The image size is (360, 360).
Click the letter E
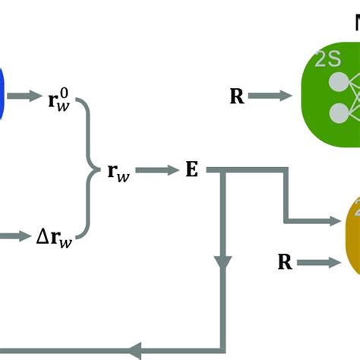tap(191, 169)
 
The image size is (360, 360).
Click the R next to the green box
tap(237, 96)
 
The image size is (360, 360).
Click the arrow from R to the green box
tap(270, 96)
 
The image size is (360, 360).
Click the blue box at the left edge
tap(2, 95)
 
